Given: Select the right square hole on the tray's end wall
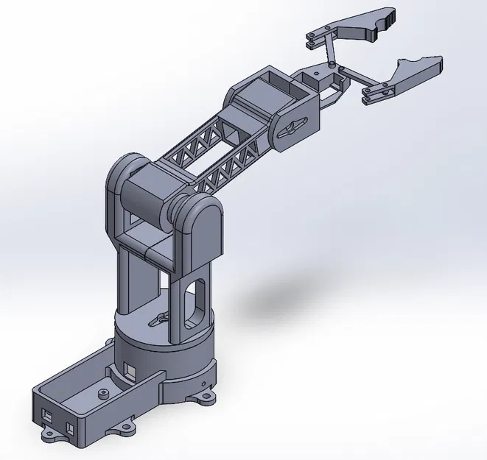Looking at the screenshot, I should [x=71, y=428].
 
